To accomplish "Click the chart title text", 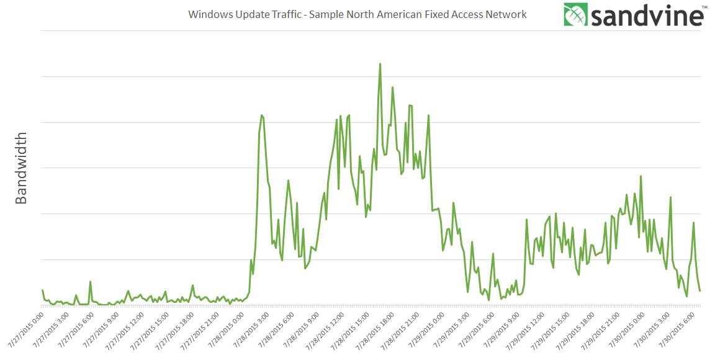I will [x=357, y=14].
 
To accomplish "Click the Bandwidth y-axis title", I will [x=21, y=168].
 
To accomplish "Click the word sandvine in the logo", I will [x=645, y=16].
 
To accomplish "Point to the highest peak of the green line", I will [x=380, y=64].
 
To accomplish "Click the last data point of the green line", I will [x=700, y=290].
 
